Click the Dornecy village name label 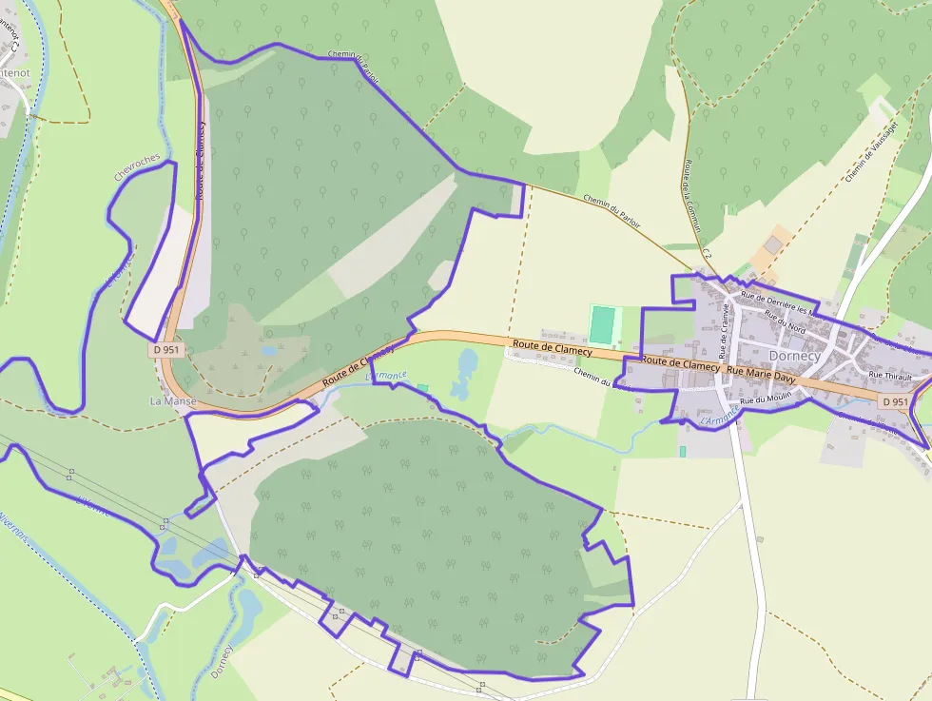[x=794, y=356]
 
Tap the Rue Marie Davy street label [x=760, y=371]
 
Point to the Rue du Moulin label [x=766, y=400]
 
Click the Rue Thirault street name [x=890, y=377]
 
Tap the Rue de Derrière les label [x=777, y=302]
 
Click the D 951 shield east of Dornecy [x=893, y=402]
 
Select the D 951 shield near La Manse [x=165, y=350]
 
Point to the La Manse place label [x=173, y=401]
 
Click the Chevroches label [x=137, y=167]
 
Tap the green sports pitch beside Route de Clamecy [x=602, y=324]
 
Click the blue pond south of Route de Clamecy [x=465, y=374]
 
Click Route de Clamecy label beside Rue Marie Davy [x=680, y=363]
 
